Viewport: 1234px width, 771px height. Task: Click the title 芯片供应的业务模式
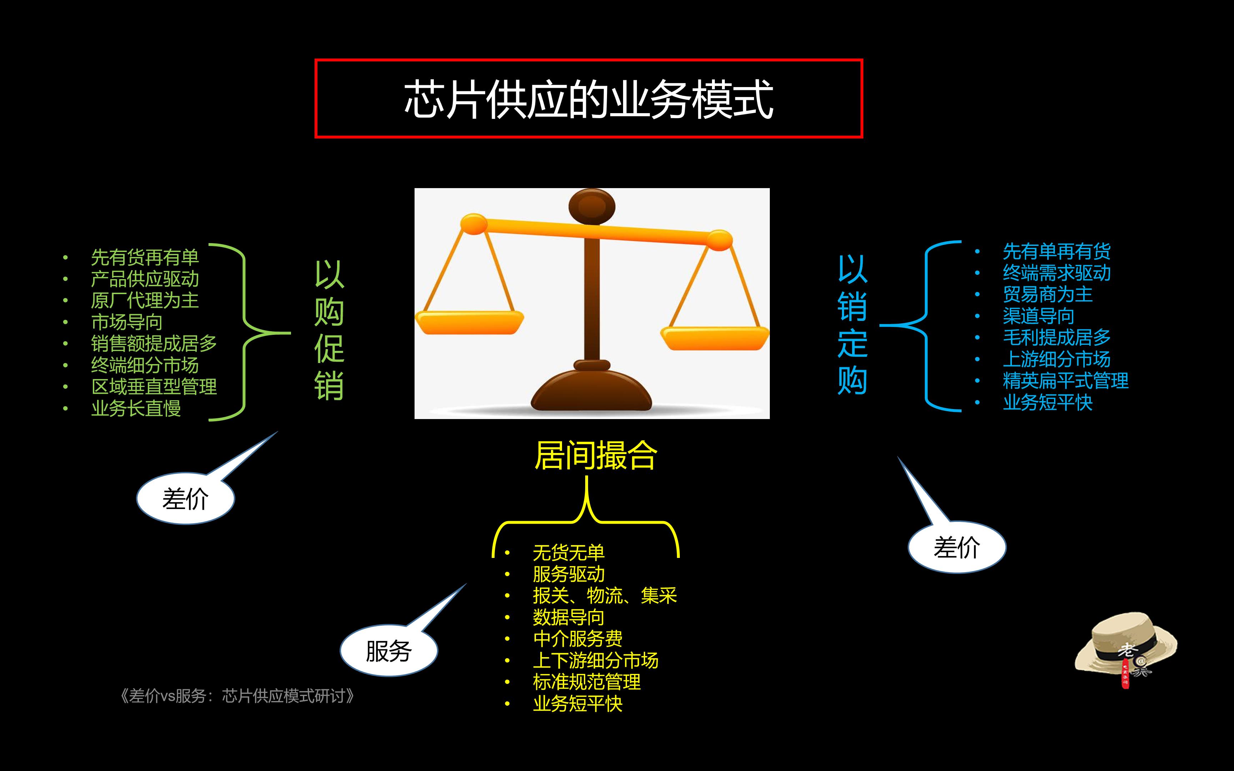(588, 100)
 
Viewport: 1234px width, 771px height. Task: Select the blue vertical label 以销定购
(852, 325)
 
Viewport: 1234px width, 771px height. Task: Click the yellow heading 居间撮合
(596, 455)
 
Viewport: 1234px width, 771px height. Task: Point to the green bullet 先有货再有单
(145, 257)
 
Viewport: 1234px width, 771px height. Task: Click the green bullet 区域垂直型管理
(154, 387)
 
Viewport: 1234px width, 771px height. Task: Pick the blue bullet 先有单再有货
(1057, 251)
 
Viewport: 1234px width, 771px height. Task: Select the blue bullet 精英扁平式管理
(1066, 381)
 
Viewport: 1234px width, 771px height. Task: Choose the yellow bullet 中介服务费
(578, 639)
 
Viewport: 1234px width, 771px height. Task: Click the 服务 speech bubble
(388, 651)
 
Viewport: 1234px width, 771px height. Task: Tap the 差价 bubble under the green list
(186, 499)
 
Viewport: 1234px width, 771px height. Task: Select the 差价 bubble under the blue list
(957, 548)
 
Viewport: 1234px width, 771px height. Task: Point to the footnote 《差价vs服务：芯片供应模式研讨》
(237, 696)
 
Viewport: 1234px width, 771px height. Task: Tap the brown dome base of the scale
(592, 393)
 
